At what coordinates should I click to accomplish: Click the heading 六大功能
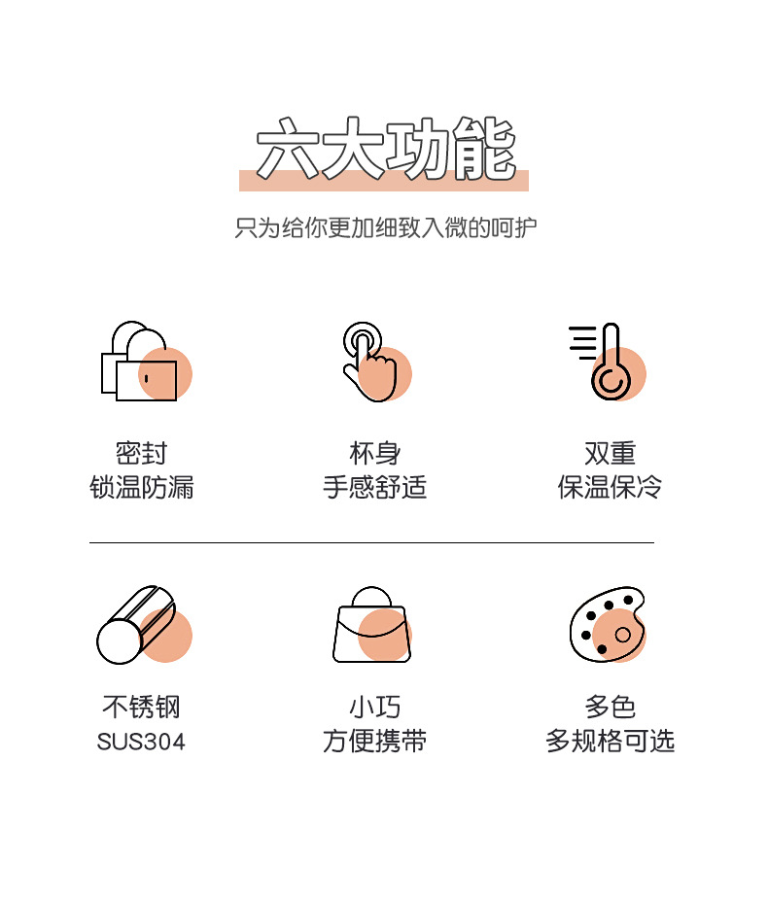(x=384, y=151)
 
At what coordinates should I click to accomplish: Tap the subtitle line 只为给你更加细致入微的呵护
(x=384, y=228)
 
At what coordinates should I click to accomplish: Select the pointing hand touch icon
(x=373, y=363)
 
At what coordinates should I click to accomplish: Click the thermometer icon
(x=609, y=363)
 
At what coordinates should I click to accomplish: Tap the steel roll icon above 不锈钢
(x=140, y=625)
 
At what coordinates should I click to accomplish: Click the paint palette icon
(x=608, y=625)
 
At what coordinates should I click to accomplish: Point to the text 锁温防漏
(x=142, y=487)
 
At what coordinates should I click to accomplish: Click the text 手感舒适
(x=375, y=487)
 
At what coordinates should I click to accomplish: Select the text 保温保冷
(x=610, y=487)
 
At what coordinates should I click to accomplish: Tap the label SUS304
(x=141, y=742)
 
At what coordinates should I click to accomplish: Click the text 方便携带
(x=375, y=742)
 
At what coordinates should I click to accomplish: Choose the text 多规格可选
(x=610, y=742)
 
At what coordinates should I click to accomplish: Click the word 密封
(x=142, y=453)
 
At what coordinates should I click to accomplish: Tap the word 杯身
(x=375, y=453)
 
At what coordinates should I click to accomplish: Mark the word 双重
(x=610, y=453)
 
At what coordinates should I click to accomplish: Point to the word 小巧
(x=375, y=707)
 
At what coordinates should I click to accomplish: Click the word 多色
(x=610, y=707)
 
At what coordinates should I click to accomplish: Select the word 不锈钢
(x=141, y=707)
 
